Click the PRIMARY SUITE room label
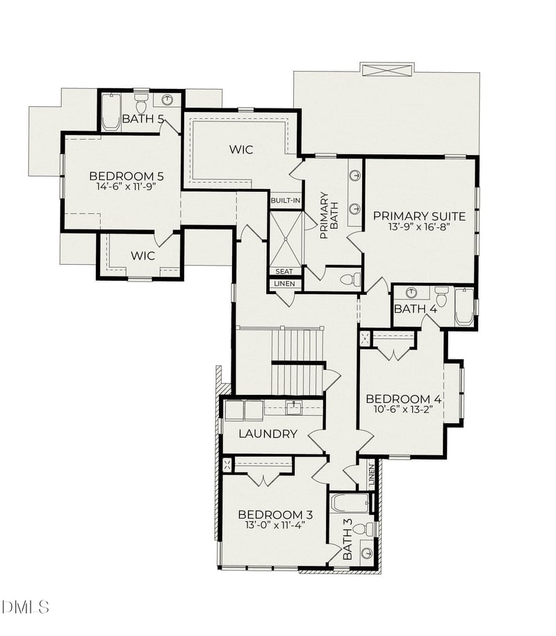(418, 215)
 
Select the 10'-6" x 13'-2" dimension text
(404, 409)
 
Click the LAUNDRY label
(268, 434)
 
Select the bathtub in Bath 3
(349, 503)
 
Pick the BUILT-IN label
(286, 201)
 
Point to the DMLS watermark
(25, 607)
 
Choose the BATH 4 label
(415, 308)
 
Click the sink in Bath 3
(366, 553)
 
